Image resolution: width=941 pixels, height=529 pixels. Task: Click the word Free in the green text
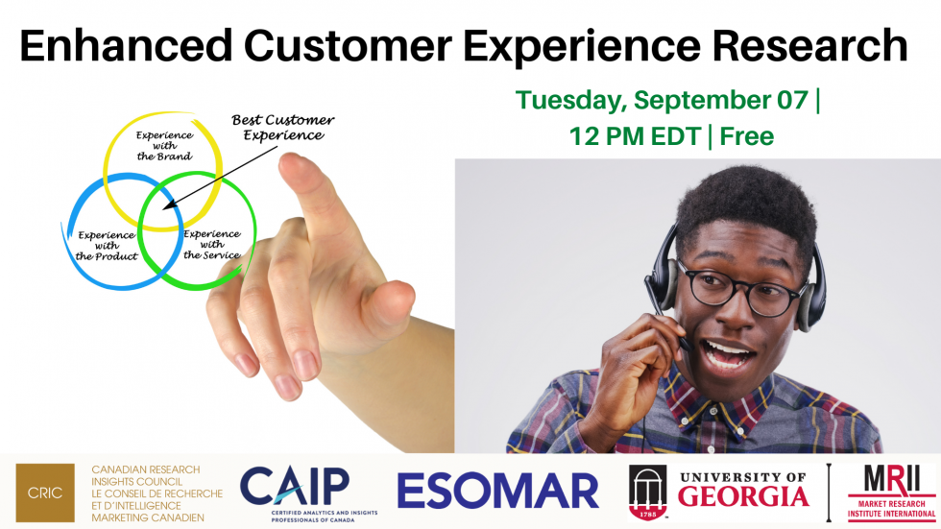point(747,135)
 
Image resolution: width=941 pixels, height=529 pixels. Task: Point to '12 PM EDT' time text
point(634,135)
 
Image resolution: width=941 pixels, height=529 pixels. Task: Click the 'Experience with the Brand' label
point(163,145)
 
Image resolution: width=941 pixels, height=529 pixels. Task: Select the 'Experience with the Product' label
point(108,246)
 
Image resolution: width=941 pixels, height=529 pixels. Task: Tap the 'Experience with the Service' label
point(211,244)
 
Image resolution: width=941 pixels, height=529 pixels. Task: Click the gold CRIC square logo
point(45,493)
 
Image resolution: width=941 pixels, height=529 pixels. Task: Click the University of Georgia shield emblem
point(648,492)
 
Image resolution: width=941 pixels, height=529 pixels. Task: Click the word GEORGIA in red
point(743,497)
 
